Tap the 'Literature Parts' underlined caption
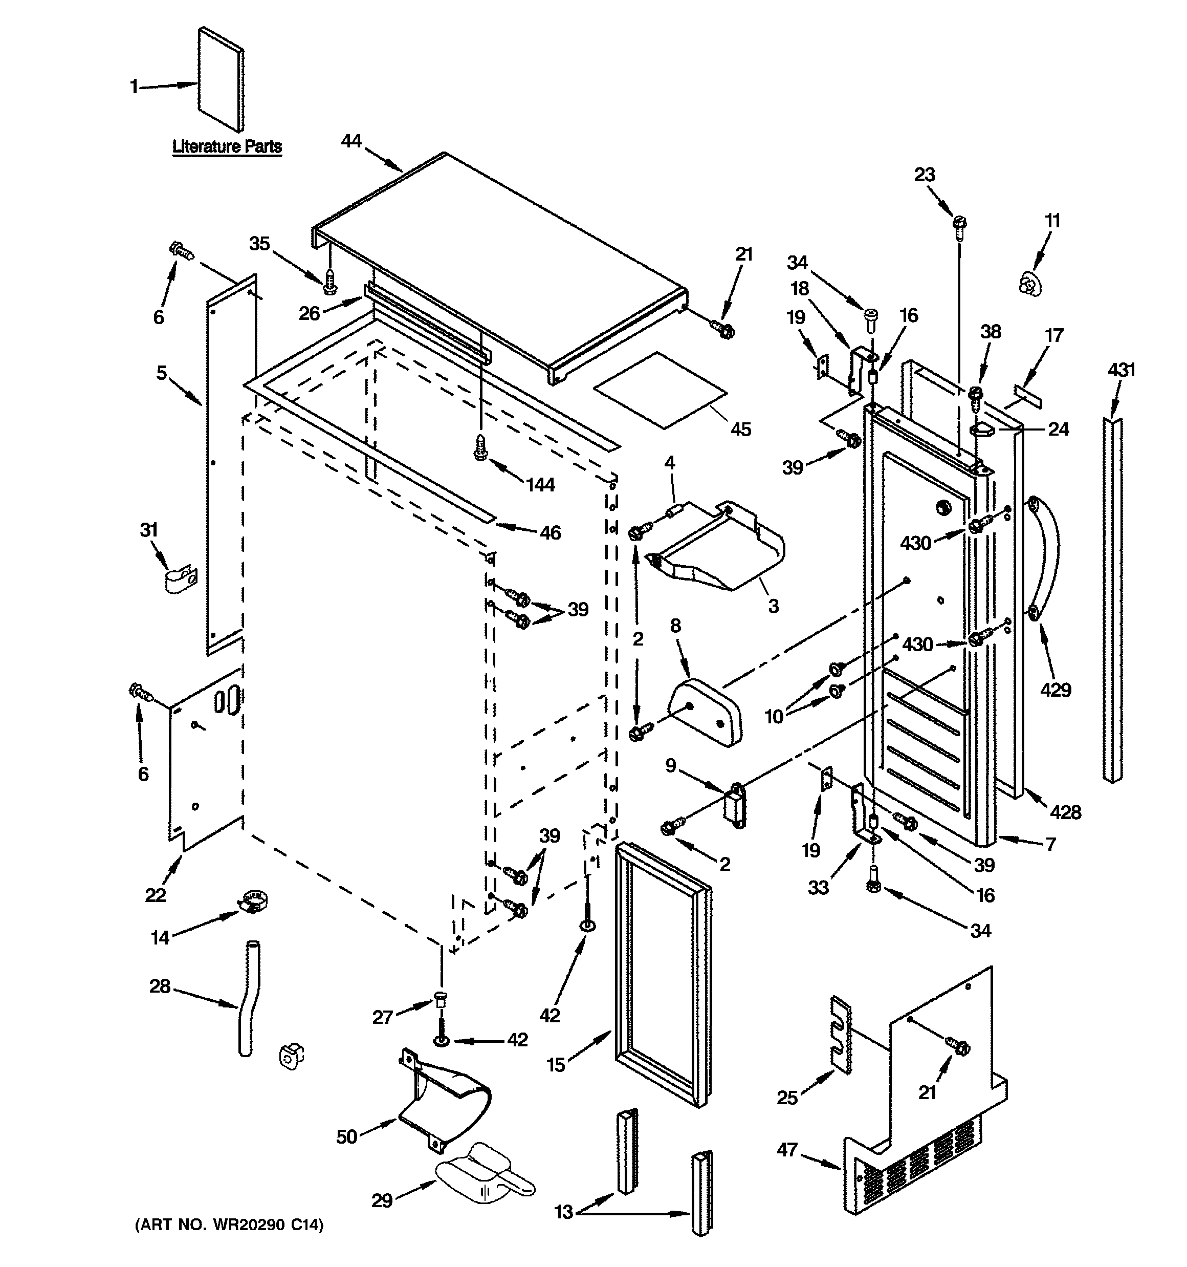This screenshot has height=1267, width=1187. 227,146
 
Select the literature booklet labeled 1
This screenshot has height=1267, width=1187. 221,78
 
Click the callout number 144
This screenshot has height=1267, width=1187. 540,485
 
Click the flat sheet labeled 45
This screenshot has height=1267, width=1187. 660,390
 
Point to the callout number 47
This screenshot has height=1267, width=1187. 787,1150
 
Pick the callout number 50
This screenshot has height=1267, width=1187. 346,1136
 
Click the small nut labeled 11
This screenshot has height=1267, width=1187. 1026,283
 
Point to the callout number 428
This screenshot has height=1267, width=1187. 1065,812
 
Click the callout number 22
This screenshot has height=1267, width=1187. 156,895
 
